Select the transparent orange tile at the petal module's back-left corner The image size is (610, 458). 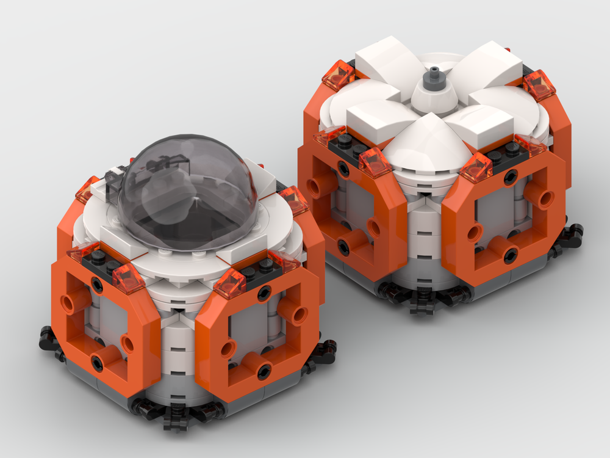coord(337,75)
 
